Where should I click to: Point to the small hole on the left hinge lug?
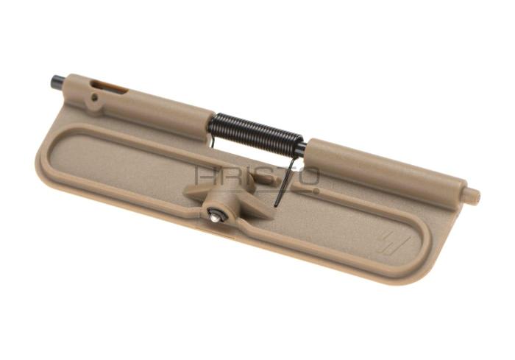click(x=95, y=96)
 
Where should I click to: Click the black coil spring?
click(x=255, y=130)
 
